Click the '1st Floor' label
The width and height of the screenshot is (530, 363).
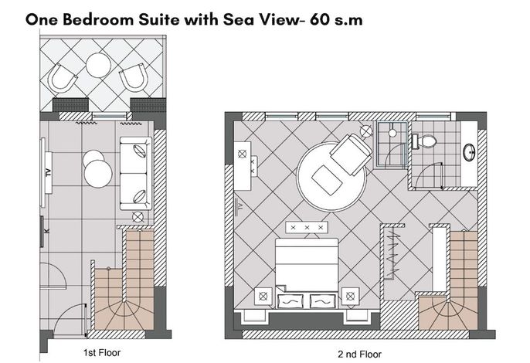(102, 353)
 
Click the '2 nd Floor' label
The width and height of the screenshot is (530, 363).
(359, 355)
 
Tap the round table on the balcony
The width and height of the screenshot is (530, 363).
(98, 65)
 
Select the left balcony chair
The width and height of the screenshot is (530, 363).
(62, 78)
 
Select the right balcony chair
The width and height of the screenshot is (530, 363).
(134, 77)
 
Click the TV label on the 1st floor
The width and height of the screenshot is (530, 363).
(49, 172)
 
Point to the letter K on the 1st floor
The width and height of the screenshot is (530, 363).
(46, 231)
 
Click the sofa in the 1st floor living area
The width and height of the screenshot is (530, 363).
(136, 173)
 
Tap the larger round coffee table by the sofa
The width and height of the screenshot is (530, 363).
(98, 174)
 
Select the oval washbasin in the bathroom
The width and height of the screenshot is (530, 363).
(469, 152)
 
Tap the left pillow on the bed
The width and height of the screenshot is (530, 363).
(290, 300)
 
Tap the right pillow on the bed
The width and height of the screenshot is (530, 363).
(323, 300)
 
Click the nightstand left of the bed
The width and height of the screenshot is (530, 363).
(263, 297)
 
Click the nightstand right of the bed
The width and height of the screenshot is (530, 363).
(351, 297)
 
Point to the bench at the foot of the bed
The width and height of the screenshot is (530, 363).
(307, 227)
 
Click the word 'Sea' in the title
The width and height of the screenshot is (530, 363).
(237, 19)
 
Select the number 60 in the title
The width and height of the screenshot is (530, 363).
(320, 19)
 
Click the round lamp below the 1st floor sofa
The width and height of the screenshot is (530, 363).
(138, 217)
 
